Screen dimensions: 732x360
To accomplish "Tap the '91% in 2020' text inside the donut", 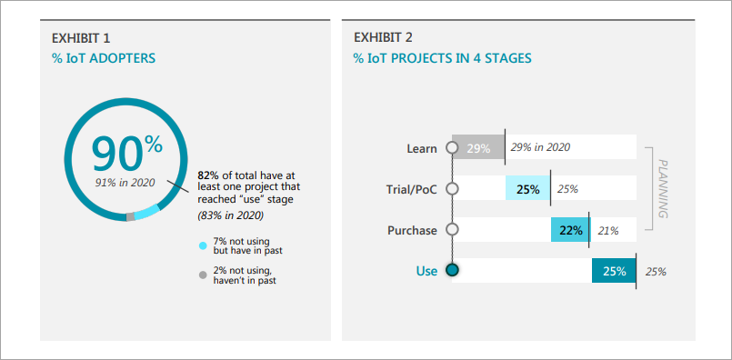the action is click(125, 183).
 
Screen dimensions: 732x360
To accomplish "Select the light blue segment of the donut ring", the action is click(147, 212).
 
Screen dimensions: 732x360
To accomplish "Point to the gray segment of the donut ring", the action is click(130, 216).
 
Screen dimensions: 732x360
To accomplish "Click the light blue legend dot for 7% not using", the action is click(203, 245).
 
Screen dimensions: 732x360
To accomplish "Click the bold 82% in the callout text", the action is click(206, 175).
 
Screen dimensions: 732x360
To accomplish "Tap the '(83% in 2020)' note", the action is click(230, 215).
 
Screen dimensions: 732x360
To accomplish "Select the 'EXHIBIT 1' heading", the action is click(81, 38).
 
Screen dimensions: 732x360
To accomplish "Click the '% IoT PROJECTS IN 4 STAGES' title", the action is click(442, 59).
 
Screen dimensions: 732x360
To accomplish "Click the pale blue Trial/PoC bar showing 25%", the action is click(528, 189).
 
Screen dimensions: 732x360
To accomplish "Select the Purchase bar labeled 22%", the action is click(570, 230).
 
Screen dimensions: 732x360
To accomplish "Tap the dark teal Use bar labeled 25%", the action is click(614, 271).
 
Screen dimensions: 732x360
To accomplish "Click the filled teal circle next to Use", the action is click(452, 270).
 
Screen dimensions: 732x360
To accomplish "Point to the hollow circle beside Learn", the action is click(452, 148).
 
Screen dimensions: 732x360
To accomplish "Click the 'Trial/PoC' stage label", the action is click(412, 190).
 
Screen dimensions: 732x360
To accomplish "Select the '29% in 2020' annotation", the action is click(540, 147).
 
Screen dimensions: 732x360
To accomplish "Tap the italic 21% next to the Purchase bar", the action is click(608, 231).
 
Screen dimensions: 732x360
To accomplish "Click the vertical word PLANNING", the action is click(663, 189).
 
